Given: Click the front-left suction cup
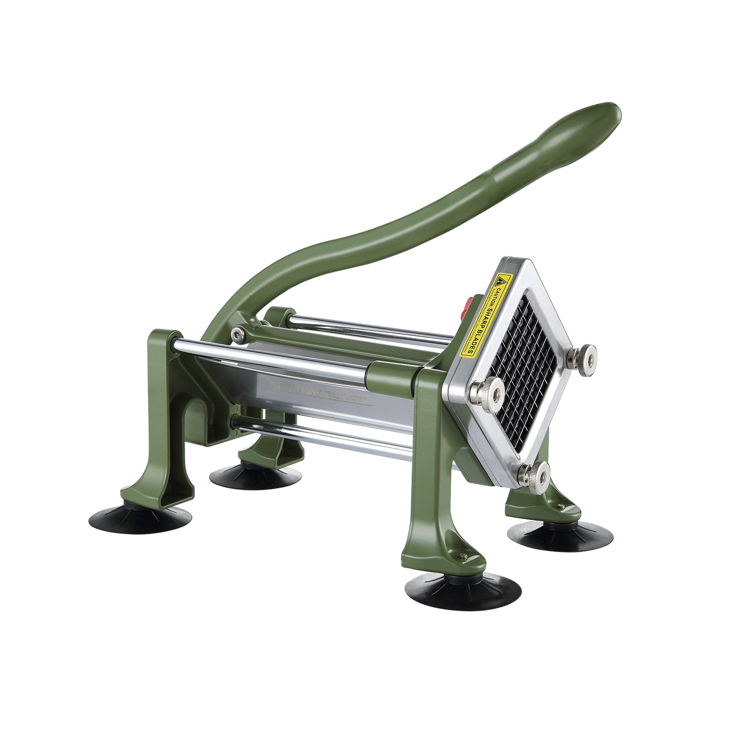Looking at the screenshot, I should point(140,518).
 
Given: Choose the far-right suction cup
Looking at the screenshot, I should point(559,536).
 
